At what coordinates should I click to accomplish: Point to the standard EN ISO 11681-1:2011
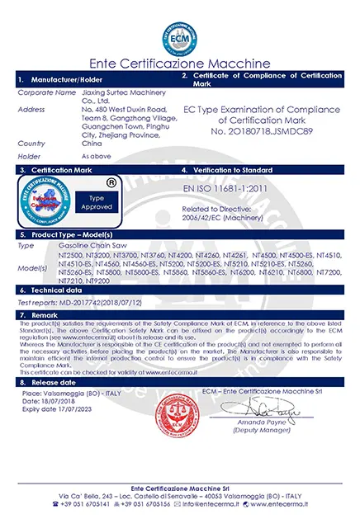click(x=226, y=189)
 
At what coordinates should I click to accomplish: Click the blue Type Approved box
click(x=97, y=202)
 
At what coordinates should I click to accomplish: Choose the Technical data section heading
click(x=57, y=291)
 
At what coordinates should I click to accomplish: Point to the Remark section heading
click(x=45, y=315)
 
